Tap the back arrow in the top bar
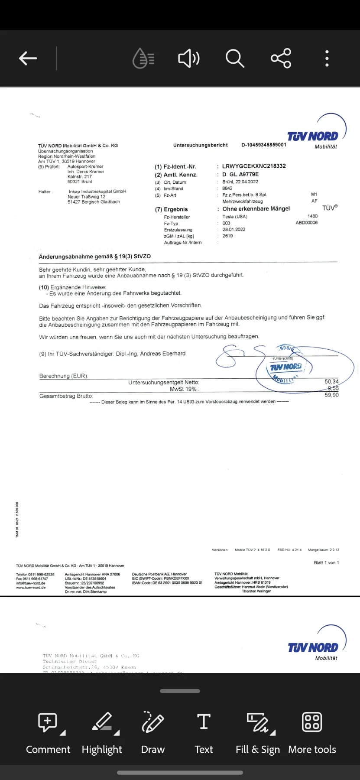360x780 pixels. (28, 58)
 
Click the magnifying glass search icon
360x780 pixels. (235, 58)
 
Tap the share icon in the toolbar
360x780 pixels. (281, 58)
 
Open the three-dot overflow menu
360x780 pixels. (327, 58)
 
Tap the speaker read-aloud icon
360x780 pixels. (189, 58)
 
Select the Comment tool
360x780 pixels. (48, 732)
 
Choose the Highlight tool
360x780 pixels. (102, 732)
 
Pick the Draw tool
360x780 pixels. (152, 732)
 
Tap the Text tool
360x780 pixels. (204, 732)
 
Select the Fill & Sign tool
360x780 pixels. (258, 732)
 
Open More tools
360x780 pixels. (312, 732)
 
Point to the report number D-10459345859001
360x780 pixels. (264, 145)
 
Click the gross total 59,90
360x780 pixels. (331, 395)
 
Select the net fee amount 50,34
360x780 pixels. (331, 382)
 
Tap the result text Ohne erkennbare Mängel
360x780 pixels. (256, 209)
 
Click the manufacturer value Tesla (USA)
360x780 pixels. (235, 217)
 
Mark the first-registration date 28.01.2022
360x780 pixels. (234, 229)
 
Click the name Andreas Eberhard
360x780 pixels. (162, 354)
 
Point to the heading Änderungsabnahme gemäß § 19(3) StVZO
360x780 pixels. (95, 257)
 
